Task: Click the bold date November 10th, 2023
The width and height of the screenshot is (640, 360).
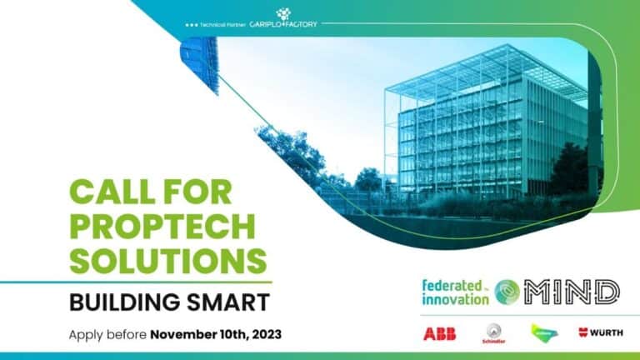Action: click(216, 334)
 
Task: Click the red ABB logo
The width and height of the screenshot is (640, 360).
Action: click(439, 333)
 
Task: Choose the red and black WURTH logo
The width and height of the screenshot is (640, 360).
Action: click(600, 333)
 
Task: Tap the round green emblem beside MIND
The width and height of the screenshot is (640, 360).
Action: click(507, 292)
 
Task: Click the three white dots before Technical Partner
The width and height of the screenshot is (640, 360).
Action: click(192, 24)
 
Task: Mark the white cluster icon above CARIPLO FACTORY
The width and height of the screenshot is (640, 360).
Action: click(283, 12)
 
